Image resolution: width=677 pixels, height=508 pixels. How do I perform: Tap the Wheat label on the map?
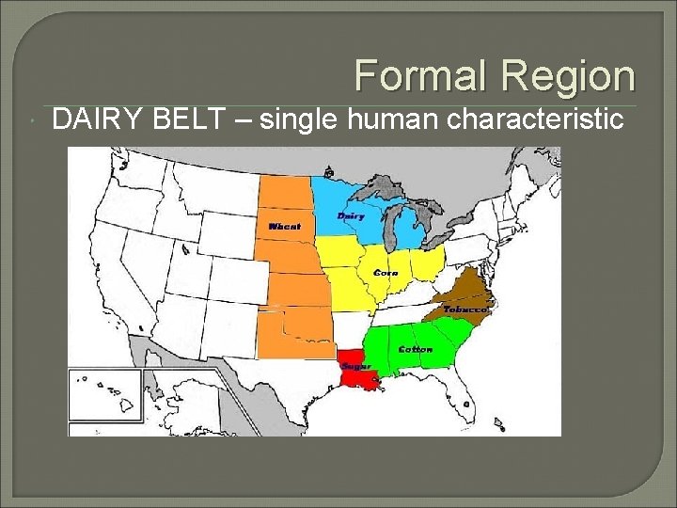[285, 227]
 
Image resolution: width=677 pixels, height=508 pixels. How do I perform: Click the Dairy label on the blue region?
[351, 216]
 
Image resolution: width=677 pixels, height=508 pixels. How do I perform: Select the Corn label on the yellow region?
[386, 273]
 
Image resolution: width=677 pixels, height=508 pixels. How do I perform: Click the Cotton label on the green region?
[415, 349]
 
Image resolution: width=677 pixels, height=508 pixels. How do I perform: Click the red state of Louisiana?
[362, 377]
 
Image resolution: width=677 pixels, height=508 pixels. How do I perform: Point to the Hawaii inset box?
[104, 396]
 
